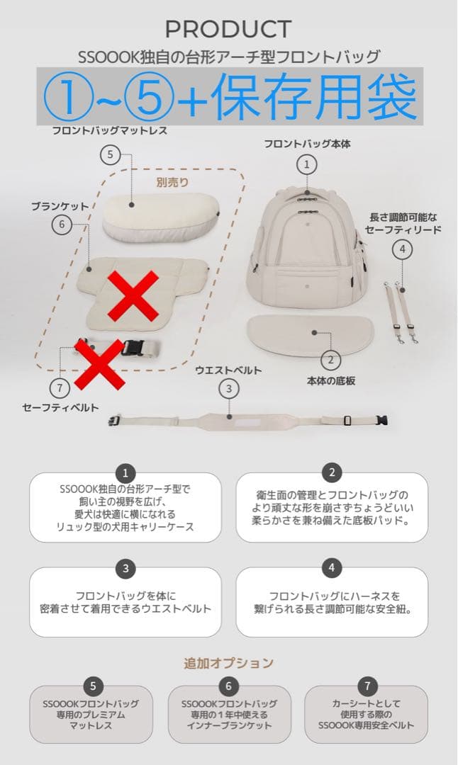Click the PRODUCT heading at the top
click(228, 29)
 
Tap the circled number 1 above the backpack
click(306, 164)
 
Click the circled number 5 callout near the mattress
click(110, 154)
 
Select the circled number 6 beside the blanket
click(62, 224)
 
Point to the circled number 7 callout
click(60, 388)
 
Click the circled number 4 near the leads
click(402, 249)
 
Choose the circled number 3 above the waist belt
click(228, 388)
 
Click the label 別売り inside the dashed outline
click(174, 181)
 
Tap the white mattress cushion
click(160, 215)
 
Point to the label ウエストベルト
click(228, 370)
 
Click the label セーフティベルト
click(60, 407)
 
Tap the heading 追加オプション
click(228, 663)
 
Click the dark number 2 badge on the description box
click(331, 472)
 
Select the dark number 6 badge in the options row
click(228, 686)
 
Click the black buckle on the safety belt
click(132, 347)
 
